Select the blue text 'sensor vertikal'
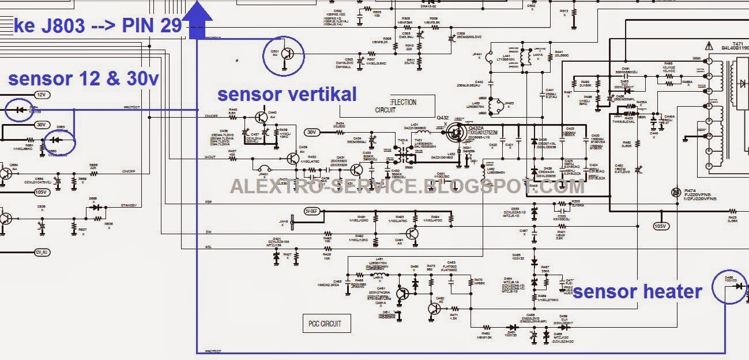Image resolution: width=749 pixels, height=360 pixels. click(x=287, y=94)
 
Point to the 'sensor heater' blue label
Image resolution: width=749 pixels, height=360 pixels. click(x=637, y=291)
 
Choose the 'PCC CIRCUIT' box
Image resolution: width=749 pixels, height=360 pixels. click(x=325, y=323)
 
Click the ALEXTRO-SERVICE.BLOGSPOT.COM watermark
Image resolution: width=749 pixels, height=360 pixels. click(x=407, y=186)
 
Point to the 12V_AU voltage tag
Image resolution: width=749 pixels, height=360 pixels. click(x=42, y=252)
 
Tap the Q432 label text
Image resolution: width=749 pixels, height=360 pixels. click(x=442, y=118)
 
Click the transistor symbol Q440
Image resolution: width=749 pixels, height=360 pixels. click(x=262, y=117)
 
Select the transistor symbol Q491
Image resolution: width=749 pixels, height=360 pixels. click(x=412, y=233)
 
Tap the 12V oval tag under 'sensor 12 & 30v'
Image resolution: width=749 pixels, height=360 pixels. click(x=41, y=95)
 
